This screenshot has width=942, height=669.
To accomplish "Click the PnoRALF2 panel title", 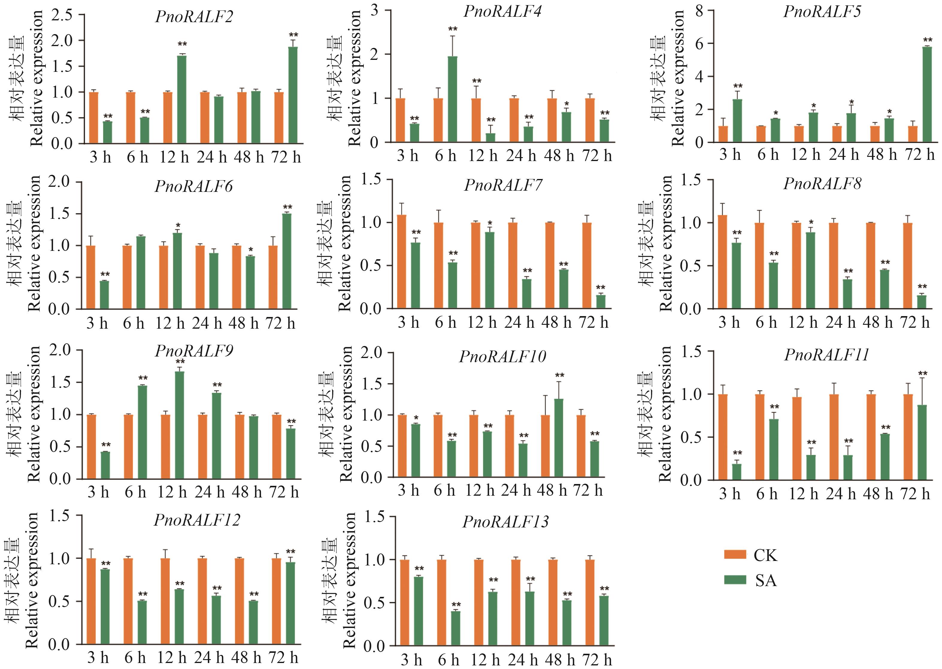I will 194,17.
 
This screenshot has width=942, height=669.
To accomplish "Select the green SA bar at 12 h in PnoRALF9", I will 180,425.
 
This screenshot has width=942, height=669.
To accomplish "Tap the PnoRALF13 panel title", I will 505,522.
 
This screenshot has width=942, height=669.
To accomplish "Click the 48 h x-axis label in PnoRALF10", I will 552,491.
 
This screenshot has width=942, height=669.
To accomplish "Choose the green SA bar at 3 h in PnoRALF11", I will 736,472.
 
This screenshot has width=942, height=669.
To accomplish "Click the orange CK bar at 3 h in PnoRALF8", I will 722,262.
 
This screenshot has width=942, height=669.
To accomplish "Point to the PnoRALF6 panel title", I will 194,186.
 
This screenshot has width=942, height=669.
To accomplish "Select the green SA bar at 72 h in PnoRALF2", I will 293,95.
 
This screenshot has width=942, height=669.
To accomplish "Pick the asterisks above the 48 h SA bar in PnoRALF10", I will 559,375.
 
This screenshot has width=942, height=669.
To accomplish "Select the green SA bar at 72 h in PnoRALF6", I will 287,261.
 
